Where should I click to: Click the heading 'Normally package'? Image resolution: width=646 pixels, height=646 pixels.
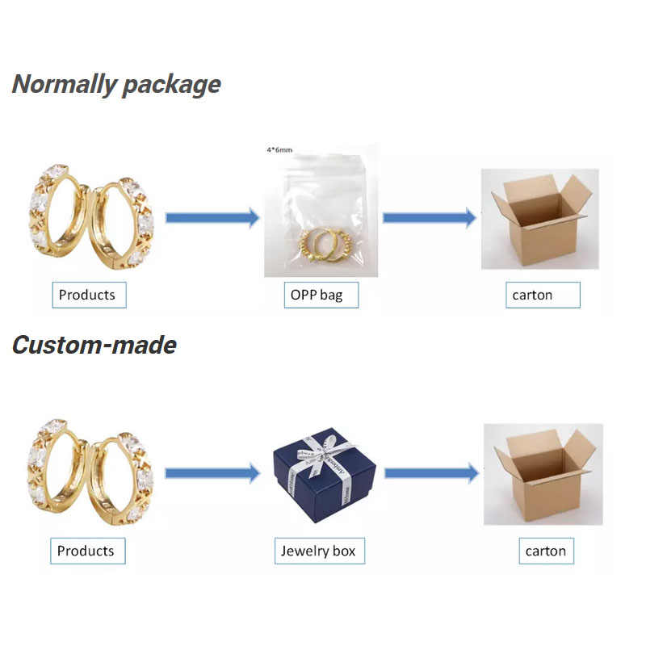point(116,84)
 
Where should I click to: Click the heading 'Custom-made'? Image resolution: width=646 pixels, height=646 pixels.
point(94,345)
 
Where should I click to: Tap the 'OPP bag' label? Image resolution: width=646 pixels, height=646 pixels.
point(317,295)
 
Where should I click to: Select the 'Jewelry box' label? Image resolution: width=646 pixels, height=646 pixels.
point(317,552)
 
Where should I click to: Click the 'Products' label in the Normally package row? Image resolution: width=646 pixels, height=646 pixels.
point(87,295)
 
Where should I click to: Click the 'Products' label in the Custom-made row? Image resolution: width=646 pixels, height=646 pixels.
point(86,552)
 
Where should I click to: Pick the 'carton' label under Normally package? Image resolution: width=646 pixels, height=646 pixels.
point(533,295)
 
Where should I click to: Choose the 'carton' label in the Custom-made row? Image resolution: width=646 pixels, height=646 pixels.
point(546,552)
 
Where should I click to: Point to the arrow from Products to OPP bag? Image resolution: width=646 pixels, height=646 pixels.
point(212,217)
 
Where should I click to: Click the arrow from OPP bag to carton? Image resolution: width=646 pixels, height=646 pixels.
point(429,217)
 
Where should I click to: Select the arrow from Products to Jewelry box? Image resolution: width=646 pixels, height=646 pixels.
point(212,474)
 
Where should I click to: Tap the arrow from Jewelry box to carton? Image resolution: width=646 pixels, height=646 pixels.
point(431,473)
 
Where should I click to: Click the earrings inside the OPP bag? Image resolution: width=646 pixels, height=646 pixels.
point(322,241)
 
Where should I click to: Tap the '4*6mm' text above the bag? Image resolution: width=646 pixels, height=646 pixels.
point(281,150)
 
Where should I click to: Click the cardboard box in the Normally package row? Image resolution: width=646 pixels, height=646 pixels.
point(539,218)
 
